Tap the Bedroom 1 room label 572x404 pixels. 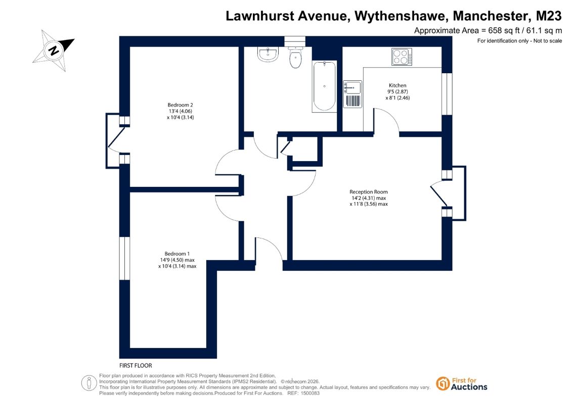(177, 254)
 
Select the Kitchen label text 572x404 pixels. (398, 85)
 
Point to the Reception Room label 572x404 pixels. (369, 191)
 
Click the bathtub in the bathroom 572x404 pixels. (324, 86)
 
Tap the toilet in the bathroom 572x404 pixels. (295, 58)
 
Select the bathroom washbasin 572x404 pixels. (268, 54)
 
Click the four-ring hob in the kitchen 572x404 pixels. (402, 57)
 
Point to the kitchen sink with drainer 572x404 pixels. (353, 94)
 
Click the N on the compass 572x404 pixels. (54, 50)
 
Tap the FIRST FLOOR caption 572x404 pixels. (136, 366)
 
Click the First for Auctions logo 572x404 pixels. (462, 384)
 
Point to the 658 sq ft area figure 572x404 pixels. (504, 31)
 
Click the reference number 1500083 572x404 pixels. (309, 393)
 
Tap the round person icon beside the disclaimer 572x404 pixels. (89, 383)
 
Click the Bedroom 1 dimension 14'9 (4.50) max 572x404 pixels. (178, 260)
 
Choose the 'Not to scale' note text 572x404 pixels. (548, 41)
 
